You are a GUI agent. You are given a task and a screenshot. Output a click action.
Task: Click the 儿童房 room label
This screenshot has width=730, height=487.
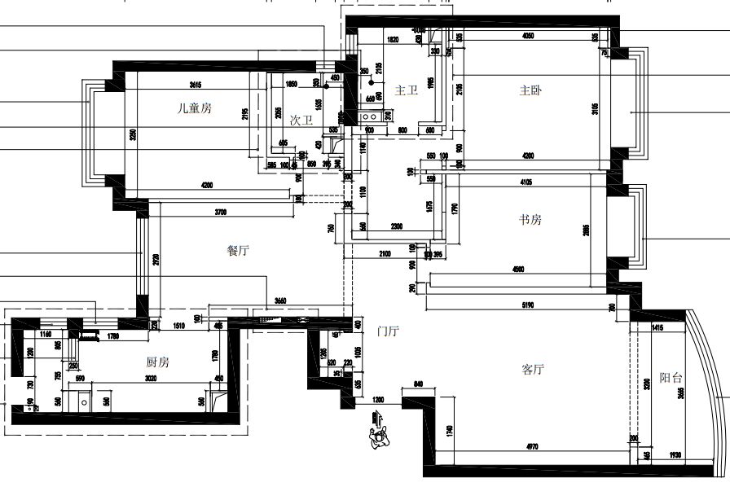(x=195, y=107)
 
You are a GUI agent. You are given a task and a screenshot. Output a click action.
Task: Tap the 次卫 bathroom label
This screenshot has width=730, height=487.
(x=301, y=120)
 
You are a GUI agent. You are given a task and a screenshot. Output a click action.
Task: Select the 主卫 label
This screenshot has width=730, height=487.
(x=406, y=90)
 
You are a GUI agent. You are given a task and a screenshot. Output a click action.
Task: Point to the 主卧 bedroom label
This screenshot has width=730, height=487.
(x=530, y=90)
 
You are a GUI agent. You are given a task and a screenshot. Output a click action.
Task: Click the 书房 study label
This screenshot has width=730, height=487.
(x=530, y=219)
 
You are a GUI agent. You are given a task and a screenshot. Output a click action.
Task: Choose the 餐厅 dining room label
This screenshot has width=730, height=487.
(x=237, y=251)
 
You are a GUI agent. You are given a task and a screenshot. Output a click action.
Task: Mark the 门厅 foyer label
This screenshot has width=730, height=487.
(x=388, y=331)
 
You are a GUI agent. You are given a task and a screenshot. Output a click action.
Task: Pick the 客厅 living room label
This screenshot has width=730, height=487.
(x=532, y=370)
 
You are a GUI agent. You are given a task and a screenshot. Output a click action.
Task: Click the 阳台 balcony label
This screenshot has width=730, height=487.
(x=671, y=378)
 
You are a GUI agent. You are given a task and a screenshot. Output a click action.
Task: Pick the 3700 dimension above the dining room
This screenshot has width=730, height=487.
(x=220, y=213)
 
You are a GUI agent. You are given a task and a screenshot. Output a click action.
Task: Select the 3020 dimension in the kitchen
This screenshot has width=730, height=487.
(x=151, y=378)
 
